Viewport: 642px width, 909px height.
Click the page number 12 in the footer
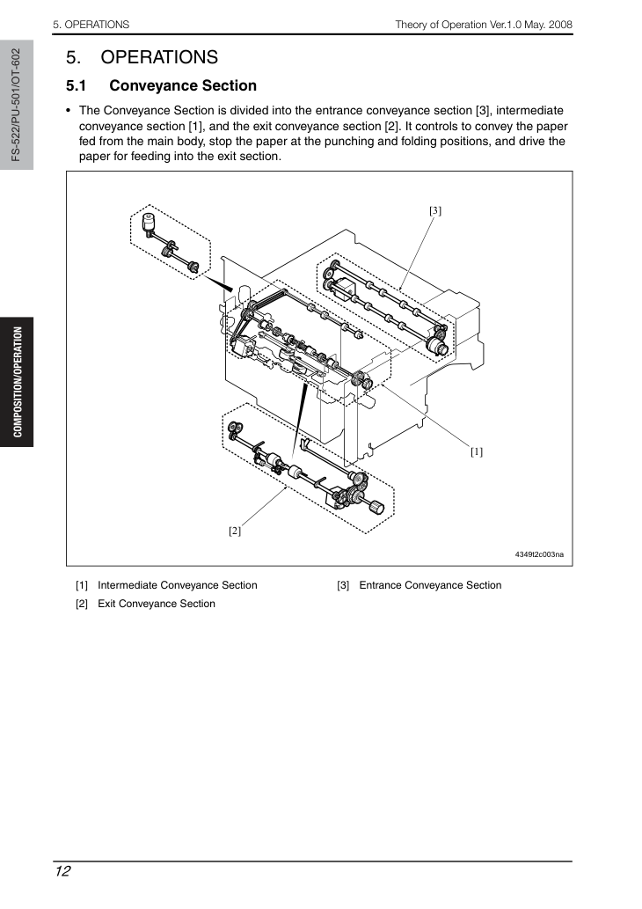(x=62, y=871)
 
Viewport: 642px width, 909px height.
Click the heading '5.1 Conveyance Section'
(x=161, y=86)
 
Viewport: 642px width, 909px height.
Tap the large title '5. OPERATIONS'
(x=142, y=57)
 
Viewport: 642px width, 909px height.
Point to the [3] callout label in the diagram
(x=435, y=210)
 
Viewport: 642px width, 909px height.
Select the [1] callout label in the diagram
(x=477, y=451)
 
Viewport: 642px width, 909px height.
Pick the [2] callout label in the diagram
(x=234, y=531)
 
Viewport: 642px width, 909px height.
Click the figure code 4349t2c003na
(x=539, y=554)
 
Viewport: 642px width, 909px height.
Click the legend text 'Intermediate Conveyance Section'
(x=178, y=585)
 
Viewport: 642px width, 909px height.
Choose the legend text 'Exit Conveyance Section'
(x=157, y=604)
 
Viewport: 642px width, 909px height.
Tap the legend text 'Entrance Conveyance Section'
(x=431, y=585)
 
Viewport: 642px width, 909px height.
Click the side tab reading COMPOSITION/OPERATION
(x=18, y=382)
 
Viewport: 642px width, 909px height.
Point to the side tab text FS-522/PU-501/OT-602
(x=16, y=105)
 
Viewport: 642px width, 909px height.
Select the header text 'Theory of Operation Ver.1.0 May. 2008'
(x=484, y=25)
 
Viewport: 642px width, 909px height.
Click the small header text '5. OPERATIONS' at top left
(x=91, y=25)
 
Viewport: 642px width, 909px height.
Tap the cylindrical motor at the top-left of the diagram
(x=149, y=222)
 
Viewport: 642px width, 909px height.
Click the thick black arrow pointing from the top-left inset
(x=218, y=283)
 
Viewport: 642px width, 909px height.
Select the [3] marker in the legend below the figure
(x=343, y=585)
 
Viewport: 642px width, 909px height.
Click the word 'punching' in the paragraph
(x=349, y=142)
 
